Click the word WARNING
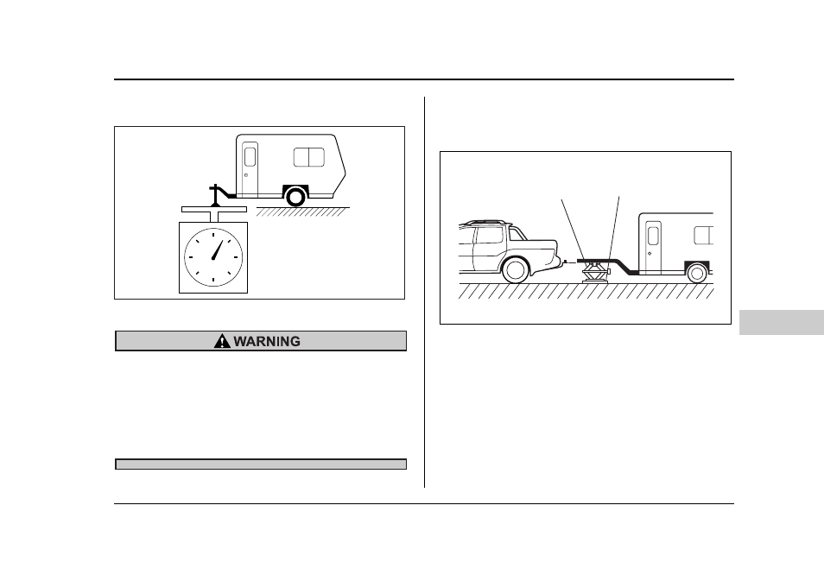click(267, 342)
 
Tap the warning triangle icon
click(222, 341)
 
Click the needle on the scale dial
click(218, 249)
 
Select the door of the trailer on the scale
click(250, 169)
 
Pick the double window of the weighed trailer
click(309, 157)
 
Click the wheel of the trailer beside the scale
click(295, 197)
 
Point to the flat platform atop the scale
click(214, 209)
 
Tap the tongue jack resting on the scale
click(215, 195)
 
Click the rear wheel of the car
click(515, 270)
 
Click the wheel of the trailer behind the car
click(697, 273)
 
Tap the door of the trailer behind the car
click(653, 247)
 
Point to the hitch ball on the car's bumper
click(564, 261)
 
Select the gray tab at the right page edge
click(782, 322)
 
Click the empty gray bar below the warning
click(261, 464)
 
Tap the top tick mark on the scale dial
click(213, 234)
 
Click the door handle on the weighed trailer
click(246, 175)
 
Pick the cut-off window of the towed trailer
click(704, 236)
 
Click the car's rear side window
click(489, 235)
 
